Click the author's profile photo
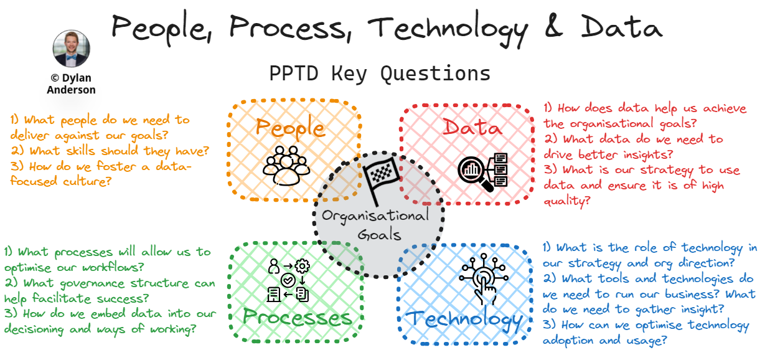coord(71,49)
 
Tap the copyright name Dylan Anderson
coord(71,84)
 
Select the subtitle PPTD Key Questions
coord(380,73)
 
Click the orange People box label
coord(290,128)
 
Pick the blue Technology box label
coord(464,320)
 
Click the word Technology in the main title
coord(446,27)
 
